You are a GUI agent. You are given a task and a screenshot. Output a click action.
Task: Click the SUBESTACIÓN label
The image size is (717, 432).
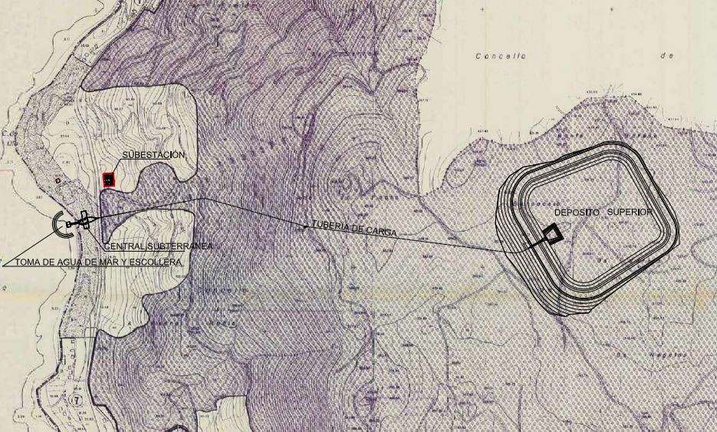click(x=153, y=155)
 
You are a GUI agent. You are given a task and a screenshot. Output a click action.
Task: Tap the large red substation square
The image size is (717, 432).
click(x=109, y=180)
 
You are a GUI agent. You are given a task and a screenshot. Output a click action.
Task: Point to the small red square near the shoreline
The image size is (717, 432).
click(x=58, y=180)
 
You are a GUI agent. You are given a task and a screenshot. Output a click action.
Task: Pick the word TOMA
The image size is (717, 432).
click(x=30, y=262)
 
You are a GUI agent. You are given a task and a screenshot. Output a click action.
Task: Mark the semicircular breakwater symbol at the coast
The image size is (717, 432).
click(x=59, y=224)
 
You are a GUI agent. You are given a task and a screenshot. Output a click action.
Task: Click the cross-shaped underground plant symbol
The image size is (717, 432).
click(x=84, y=220)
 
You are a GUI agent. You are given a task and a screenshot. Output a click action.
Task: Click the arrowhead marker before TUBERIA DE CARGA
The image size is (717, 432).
click(x=306, y=226)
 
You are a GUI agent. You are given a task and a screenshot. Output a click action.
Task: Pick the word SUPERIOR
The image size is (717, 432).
click(x=631, y=212)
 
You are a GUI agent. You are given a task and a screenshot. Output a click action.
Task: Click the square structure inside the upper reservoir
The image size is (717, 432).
click(x=551, y=234)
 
